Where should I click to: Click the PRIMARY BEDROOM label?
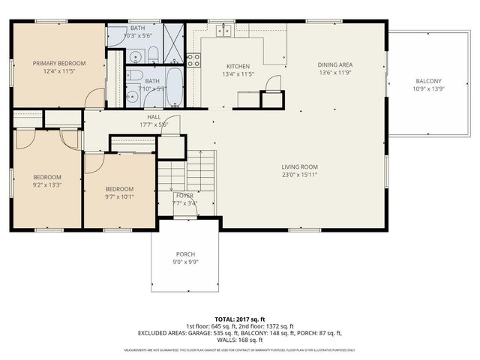click(x=59, y=64)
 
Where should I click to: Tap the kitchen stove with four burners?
click(x=193, y=60)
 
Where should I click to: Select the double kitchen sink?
click(x=223, y=30)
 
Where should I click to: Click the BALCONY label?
click(x=428, y=81)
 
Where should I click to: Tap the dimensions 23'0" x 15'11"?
click(x=300, y=175)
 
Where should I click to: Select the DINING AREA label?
click(x=335, y=64)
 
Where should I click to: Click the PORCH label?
click(x=185, y=253)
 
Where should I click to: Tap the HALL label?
click(x=154, y=116)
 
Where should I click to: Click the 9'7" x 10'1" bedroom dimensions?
click(x=119, y=198)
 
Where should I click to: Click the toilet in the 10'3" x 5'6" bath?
click(x=151, y=53)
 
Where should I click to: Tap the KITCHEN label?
click(x=237, y=66)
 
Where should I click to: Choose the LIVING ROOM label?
click(x=300, y=166)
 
